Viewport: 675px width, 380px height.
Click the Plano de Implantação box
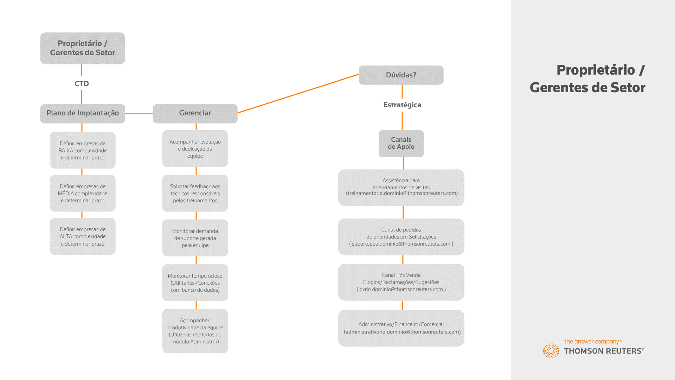pyautogui.click(x=83, y=113)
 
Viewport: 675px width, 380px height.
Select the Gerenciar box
pyautogui.click(x=195, y=113)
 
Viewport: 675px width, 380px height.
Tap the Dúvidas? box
pyautogui.click(x=401, y=75)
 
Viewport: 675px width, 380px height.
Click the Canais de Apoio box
pyautogui.click(x=401, y=144)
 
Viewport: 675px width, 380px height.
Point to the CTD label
pyautogui.click(x=82, y=84)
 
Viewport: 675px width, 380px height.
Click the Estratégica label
pyautogui.click(x=402, y=105)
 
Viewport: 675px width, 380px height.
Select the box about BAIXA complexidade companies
pyautogui.click(x=83, y=150)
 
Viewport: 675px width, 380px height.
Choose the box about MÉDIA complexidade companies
pyautogui.click(x=83, y=193)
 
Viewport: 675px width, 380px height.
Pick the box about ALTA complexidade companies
pyautogui.click(x=83, y=236)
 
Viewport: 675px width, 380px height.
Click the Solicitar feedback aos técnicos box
pyautogui.click(x=195, y=193)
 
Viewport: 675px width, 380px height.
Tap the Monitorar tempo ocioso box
pyautogui.click(x=195, y=283)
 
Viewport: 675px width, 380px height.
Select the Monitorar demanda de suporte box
pyautogui.click(x=195, y=238)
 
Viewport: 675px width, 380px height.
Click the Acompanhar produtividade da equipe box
pyautogui.click(x=195, y=331)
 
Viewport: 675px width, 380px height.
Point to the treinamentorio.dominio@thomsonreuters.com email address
pyautogui.click(x=402, y=193)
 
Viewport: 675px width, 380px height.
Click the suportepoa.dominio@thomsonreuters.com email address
pyautogui.click(x=401, y=244)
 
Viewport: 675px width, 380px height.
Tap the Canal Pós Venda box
pyautogui.click(x=401, y=282)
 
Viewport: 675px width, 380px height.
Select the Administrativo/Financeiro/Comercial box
pyautogui.click(x=401, y=328)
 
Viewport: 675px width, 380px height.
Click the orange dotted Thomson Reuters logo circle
pyautogui.click(x=551, y=351)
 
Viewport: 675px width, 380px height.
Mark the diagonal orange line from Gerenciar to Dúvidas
pyautogui.click(x=298, y=94)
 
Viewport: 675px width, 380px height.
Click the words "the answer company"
pyautogui.click(x=592, y=342)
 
